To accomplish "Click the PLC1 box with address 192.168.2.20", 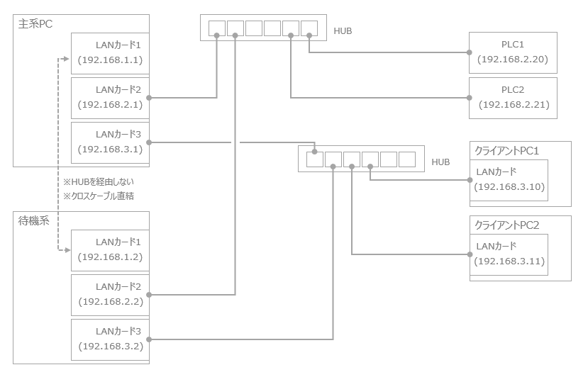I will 513,52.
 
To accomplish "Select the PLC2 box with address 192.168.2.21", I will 513,98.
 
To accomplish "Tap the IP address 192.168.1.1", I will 110,60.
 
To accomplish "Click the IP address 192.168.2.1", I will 110,104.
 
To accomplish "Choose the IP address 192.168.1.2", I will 110,257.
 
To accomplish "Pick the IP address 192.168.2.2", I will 110,301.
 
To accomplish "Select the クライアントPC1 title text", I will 507,151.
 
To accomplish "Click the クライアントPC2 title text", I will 507,225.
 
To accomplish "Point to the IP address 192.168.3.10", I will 509,186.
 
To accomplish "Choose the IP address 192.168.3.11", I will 509,261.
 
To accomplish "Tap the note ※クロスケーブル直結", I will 99,196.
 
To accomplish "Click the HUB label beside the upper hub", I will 343,31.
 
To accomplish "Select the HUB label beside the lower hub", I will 440,162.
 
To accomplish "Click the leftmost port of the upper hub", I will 217,28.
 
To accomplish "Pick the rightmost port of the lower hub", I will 406,159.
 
